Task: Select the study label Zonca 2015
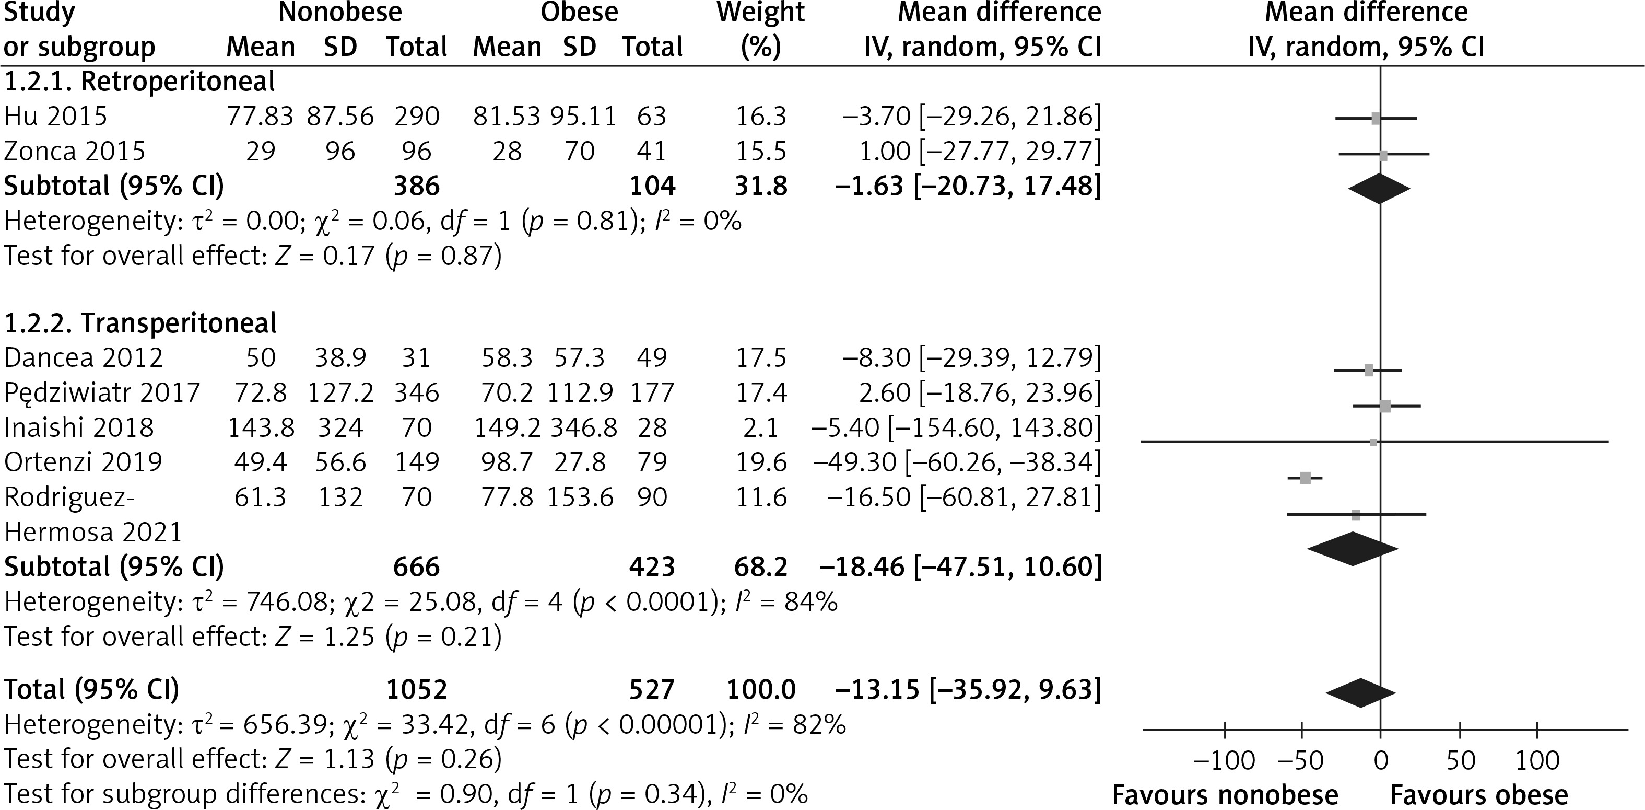(75, 152)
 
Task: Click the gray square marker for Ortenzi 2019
(1305, 478)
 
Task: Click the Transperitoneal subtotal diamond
(1353, 549)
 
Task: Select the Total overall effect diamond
(1360, 693)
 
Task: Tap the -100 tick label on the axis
(1224, 761)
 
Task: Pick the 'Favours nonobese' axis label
(1225, 795)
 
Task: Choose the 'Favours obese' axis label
(1479, 795)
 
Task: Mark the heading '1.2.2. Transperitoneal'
(140, 323)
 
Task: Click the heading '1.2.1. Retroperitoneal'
(140, 81)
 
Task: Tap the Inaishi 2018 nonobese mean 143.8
(261, 427)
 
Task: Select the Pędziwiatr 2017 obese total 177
(652, 392)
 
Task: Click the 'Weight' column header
(760, 13)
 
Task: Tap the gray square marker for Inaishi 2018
(1373, 442)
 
